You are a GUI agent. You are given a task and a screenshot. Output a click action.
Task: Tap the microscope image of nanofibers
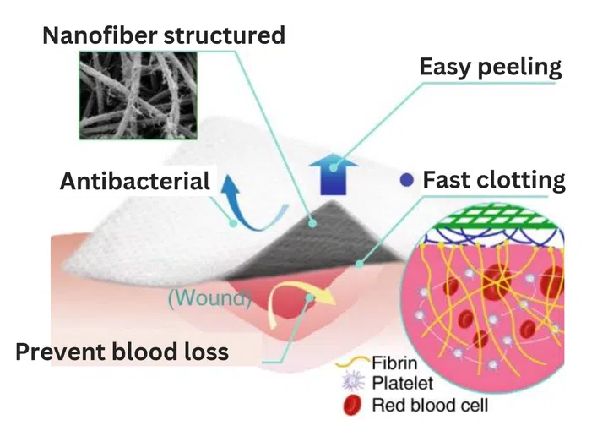[x=138, y=95]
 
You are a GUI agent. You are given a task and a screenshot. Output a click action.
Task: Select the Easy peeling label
[x=490, y=67]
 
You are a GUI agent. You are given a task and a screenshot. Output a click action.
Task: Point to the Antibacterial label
[x=135, y=181]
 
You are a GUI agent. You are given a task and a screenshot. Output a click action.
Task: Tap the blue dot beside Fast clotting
[x=406, y=179]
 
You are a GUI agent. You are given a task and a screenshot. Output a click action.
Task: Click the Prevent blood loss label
[x=122, y=351]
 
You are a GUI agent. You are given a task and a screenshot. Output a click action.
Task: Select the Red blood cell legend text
[x=430, y=405]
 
